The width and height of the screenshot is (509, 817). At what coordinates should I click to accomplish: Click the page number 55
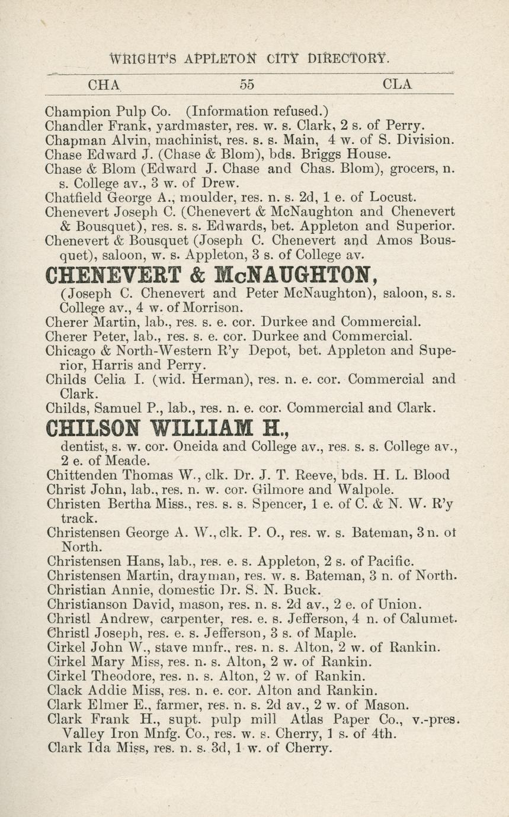click(247, 84)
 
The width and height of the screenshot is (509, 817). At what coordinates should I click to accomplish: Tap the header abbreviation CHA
click(104, 84)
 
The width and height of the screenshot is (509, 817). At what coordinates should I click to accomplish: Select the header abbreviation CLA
click(398, 84)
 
